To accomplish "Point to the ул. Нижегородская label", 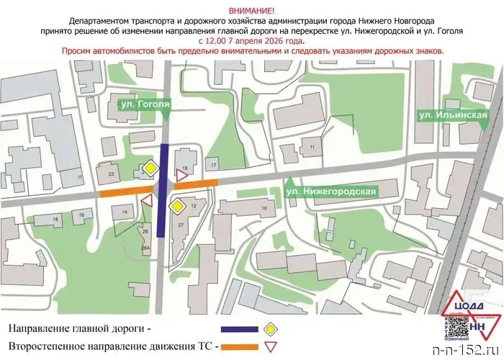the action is (331, 192).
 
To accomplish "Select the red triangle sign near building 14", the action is (148, 202).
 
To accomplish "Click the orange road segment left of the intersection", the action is (125, 192).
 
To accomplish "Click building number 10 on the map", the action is (264, 208).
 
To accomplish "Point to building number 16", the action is (83, 215).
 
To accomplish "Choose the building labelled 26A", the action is (145, 248).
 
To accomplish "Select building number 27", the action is (181, 225).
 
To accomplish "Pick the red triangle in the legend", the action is (272, 348).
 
